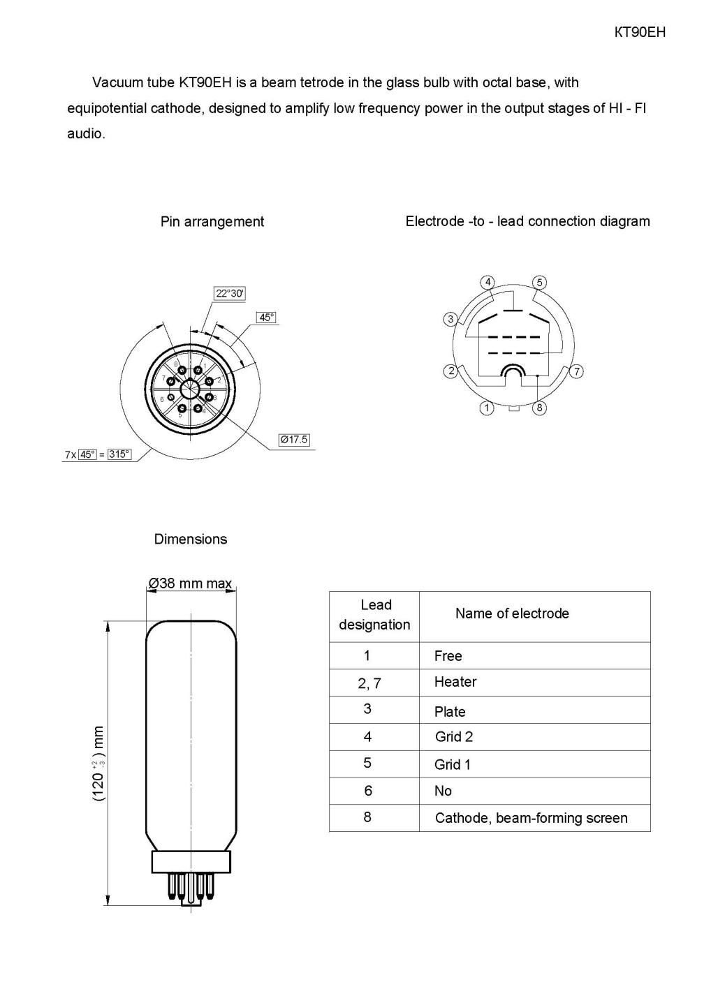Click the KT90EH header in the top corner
tap(639, 32)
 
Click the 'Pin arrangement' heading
tap(212, 222)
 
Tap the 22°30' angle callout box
tap(230, 294)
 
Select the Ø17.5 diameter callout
tap(293, 440)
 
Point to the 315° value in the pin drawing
tap(119, 454)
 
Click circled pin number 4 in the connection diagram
tap(488, 282)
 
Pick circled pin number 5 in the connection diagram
tap(539, 282)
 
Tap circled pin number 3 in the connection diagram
tap(450, 320)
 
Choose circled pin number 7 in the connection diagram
tap(576, 371)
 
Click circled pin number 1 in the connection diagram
tap(487, 408)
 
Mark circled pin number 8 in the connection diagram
tap(539, 408)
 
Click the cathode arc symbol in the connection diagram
tap(513, 372)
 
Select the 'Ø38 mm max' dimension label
tap(190, 583)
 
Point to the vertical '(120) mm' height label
tap(98, 764)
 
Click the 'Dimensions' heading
tap(191, 539)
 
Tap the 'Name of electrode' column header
tap(512, 613)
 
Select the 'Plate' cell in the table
tap(450, 712)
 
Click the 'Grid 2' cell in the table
tap(454, 737)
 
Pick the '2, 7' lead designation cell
tap(369, 683)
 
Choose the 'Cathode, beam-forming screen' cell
tap(531, 818)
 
